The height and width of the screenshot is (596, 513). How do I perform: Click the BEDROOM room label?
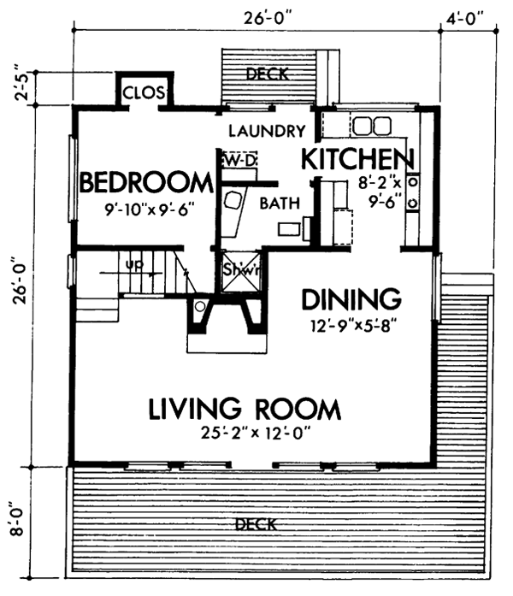coord(144,182)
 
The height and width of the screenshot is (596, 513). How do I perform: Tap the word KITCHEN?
coord(357,160)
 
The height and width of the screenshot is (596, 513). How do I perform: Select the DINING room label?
coord(351,299)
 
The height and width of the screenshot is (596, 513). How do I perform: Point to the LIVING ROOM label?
coord(245,409)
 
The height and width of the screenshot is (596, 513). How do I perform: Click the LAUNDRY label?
coord(267,132)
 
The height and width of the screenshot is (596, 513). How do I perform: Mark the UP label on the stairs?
coord(133,266)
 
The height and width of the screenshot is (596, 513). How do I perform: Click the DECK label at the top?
coord(267,74)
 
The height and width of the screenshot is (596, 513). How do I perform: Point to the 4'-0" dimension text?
coord(465,16)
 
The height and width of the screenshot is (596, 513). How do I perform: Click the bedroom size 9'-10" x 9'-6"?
coord(144,208)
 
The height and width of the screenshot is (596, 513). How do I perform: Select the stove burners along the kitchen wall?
coord(414,192)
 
